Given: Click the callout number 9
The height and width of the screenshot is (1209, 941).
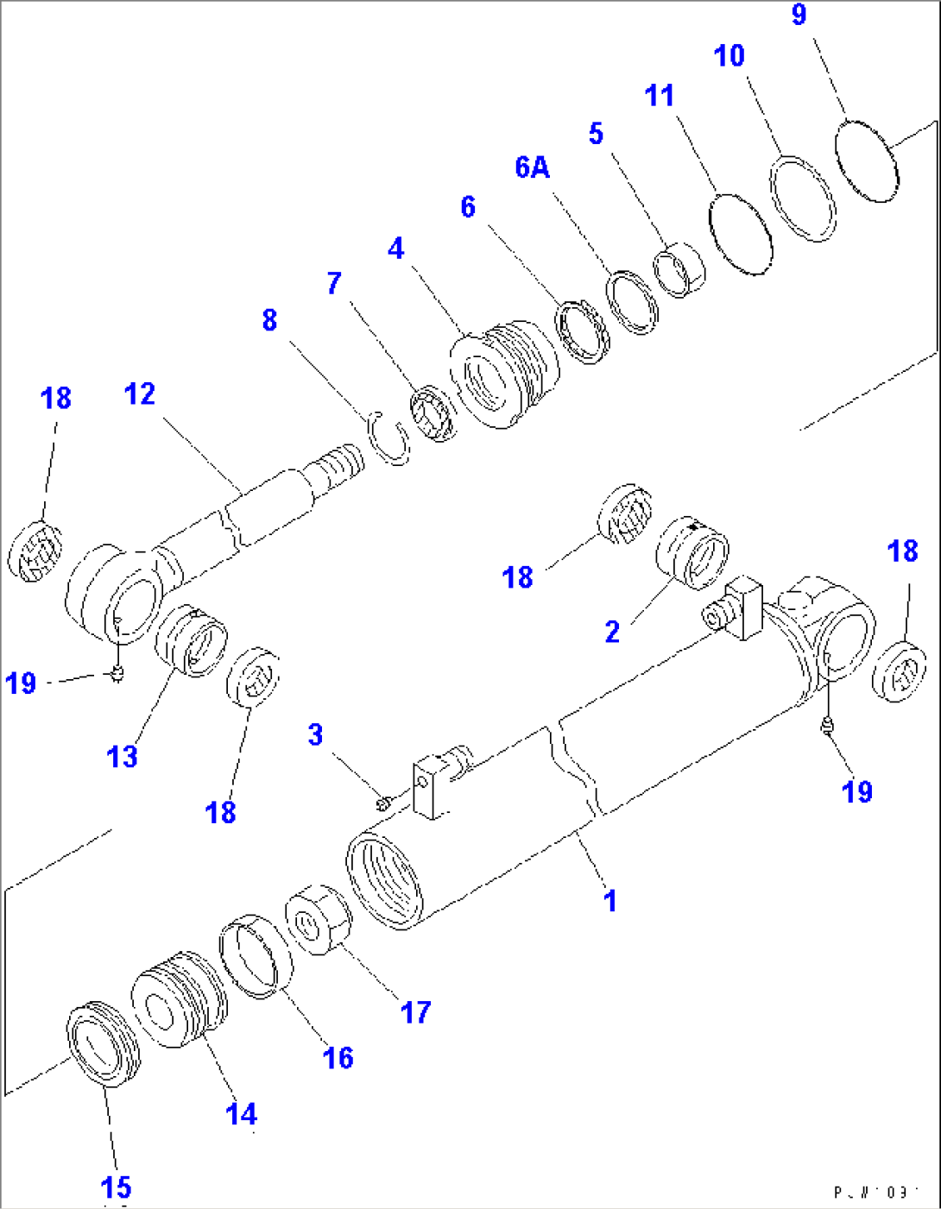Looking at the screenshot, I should click(x=799, y=15).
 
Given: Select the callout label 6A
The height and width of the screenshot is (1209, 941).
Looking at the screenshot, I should click(x=532, y=167).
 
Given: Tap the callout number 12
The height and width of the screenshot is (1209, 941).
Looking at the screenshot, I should click(x=140, y=394).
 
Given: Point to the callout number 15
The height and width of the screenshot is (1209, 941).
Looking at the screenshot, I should click(x=116, y=1187).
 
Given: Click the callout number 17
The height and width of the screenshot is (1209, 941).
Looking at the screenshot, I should click(x=415, y=1012).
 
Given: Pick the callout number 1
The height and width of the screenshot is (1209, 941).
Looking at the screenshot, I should click(x=610, y=901).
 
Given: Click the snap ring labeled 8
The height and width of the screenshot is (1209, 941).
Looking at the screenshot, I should click(x=390, y=438).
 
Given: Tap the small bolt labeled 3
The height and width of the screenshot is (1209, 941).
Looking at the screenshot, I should click(x=382, y=803).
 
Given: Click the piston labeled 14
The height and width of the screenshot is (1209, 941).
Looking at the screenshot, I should click(x=179, y=998).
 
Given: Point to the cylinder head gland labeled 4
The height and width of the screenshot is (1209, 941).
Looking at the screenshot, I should click(x=503, y=375).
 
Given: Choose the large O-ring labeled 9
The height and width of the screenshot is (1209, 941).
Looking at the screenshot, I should click(x=867, y=161).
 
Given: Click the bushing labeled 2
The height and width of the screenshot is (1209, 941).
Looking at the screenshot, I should click(x=693, y=552).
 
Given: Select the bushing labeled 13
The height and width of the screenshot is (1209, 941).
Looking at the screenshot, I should click(x=191, y=639).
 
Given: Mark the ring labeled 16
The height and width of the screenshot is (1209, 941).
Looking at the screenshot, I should click(x=256, y=954).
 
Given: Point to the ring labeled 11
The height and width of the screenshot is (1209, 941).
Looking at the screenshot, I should click(x=740, y=234).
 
